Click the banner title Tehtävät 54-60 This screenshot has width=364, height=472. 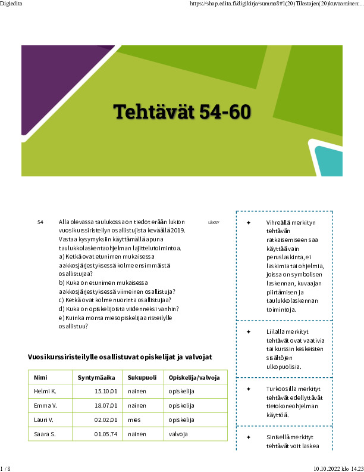click(182, 111)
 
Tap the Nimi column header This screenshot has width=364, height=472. click(40, 377)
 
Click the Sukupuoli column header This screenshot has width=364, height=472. click(142, 377)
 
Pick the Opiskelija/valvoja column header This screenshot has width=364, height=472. click(194, 377)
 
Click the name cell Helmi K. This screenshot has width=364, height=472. click(45, 392)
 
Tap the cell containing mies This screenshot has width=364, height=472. click(134, 420)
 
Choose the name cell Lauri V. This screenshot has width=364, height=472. click(44, 420)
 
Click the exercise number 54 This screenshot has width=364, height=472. click(40, 222)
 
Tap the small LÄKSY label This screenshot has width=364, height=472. click(214, 223)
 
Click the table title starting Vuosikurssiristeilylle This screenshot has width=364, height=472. click(120, 357)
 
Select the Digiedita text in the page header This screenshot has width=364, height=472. click(11, 4)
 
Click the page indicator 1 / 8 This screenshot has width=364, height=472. click(6, 468)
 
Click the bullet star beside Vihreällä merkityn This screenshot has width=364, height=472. click(248, 222)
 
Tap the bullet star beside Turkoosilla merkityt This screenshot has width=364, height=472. click(248, 389)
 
